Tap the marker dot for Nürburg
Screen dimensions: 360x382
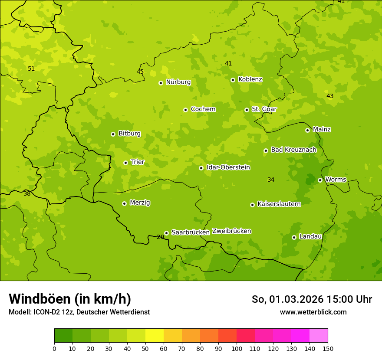pyautogui.click(x=161, y=83)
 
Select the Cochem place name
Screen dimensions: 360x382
pyautogui.click(x=203, y=109)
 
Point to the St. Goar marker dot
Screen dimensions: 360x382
pyautogui.click(x=247, y=110)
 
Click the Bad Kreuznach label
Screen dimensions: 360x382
pyautogui.click(x=293, y=150)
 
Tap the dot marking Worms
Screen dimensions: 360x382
pyautogui.click(x=320, y=180)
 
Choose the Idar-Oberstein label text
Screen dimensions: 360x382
pyautogui.click(x=228, y=167)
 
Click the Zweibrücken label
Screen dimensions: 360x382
pyautogui.click(x=231, y=231)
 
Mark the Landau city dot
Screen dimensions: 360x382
pyautogui.click(x=294, y=237)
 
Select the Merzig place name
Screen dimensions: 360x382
pyautogui.click(x=140, y=203)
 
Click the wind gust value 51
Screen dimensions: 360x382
pyautogui.click(x=31, y=69)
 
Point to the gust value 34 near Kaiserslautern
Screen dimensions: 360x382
pyautogui.click(x=271, y=180)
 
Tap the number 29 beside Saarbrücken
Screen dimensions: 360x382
pyautogui.click(x=161, y=237)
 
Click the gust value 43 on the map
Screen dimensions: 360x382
pyautogui.click(x=330, y=96)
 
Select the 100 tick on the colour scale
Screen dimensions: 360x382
pyautogui.click(x=237, y=348)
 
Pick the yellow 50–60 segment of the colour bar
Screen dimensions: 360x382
pyautogui.click(x=155, y=336)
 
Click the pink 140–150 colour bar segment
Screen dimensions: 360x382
pyautogui.click(x=319, y=336)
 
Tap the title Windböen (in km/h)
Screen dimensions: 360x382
pyautogui.click(x=70, y=299)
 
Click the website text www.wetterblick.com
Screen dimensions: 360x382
pyautogui.click(x=313, y=312)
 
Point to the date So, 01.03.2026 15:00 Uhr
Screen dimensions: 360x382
pyautogui.click(x=312, y=299)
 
